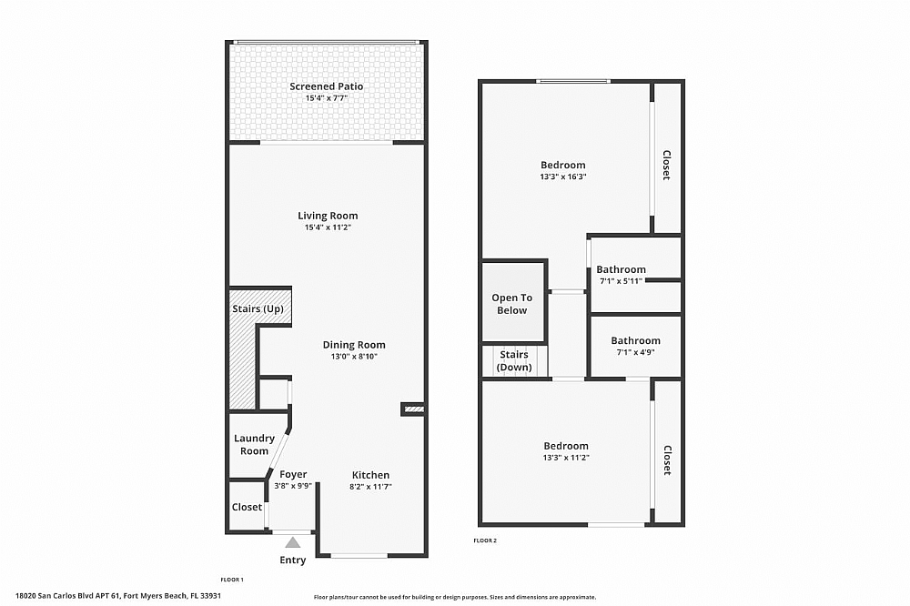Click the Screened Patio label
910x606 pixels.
[327, 86]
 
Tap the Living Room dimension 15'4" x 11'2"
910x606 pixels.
[328, 227]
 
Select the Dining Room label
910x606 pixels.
[354, 345]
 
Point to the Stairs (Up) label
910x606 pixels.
[258, 309]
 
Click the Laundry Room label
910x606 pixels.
[254, 445]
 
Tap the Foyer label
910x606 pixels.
[293, 474]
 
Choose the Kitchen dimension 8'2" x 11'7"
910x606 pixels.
[370, 487]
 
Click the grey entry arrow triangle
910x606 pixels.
[293, 542]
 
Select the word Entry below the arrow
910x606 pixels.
[293, 561]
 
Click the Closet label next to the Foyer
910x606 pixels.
[247, 507]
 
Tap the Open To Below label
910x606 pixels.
[511, 304]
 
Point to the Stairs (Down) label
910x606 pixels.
[513, 361]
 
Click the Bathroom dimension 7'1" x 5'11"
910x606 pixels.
[621, 281]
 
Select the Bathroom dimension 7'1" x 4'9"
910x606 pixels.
[635, 352]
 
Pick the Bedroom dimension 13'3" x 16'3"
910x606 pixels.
[562, 177]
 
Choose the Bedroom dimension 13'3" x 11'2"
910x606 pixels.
[566, 457]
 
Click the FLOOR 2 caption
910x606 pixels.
[485, 540]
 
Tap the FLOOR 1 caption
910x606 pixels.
[232, 580]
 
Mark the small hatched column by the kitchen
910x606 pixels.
[413, 409]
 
